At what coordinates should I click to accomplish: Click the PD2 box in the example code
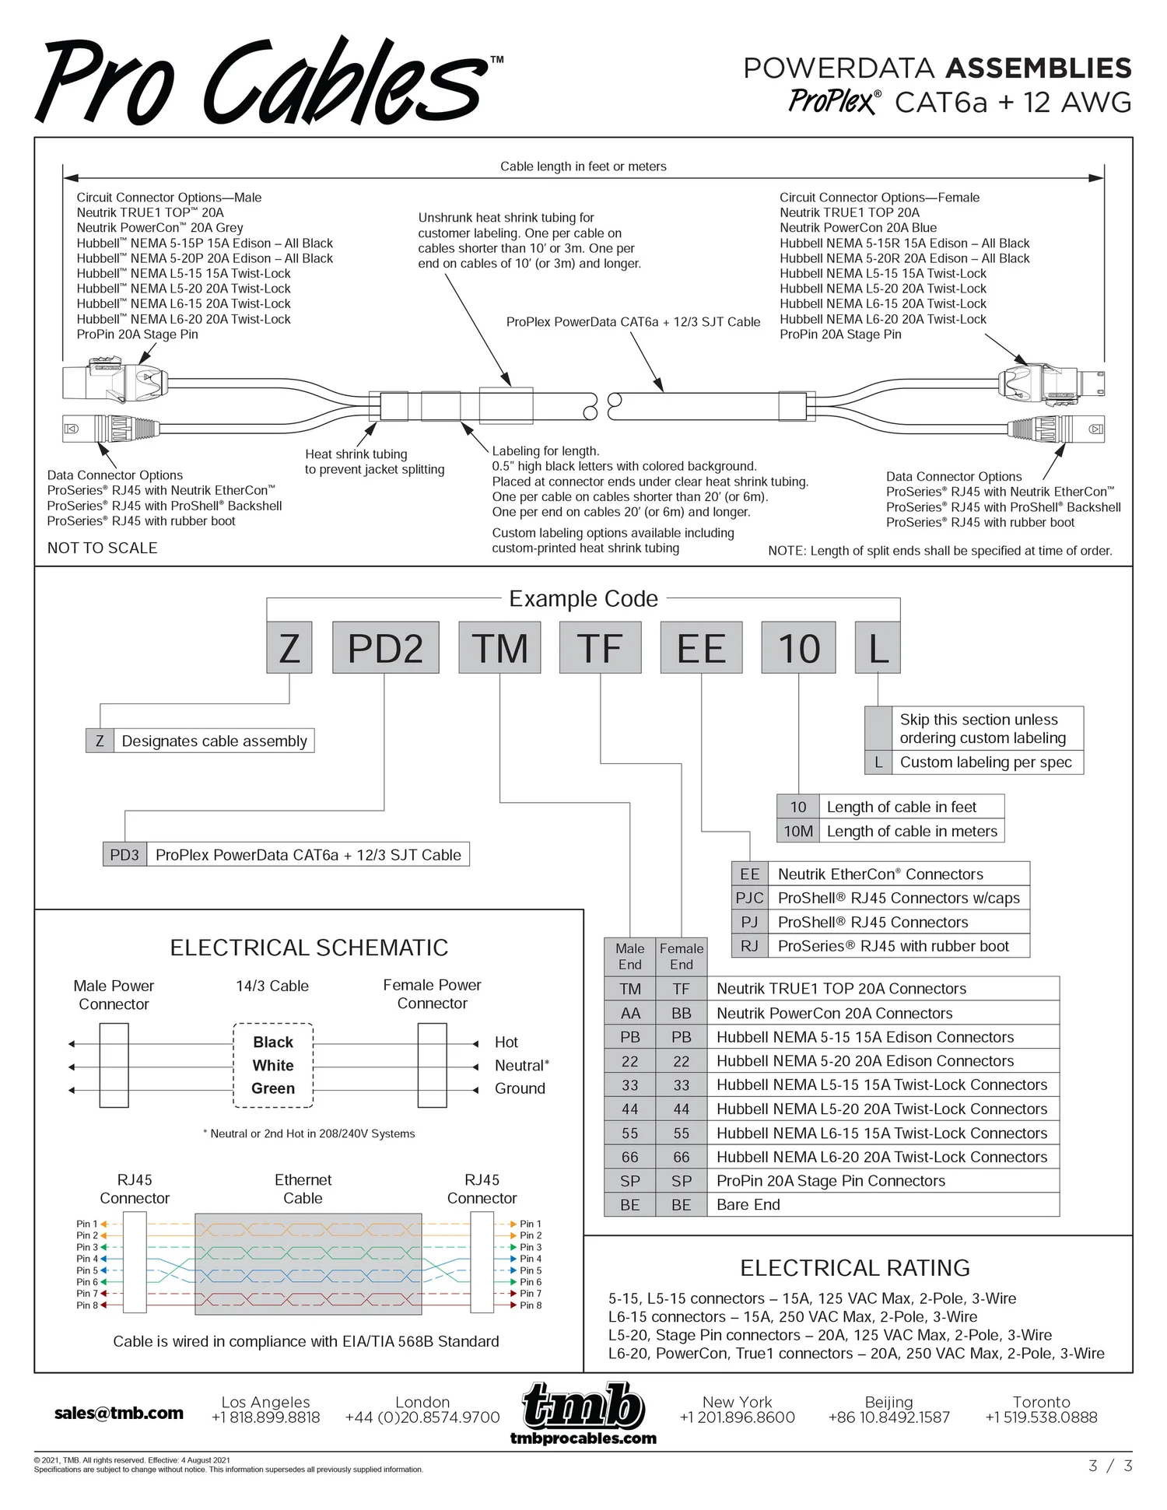(385, 647)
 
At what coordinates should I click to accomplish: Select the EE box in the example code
(701, 647)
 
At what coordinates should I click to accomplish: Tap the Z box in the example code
(289, 647)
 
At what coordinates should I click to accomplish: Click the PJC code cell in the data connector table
(749, 898)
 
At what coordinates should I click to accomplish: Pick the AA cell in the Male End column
(630, 1013)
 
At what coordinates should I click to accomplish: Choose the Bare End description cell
(882, 1204)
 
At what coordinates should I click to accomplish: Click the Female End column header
(682, 956)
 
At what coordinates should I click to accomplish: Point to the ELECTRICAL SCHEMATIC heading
(309, 948)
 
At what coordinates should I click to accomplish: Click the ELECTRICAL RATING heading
(855, 1268)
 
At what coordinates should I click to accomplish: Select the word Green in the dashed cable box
(273, 1088)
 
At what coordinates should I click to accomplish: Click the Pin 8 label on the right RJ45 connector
(531, 1305)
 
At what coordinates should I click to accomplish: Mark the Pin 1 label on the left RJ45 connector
(86, 1224)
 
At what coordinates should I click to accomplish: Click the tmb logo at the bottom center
(583, 1407)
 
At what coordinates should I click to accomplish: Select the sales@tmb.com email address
(119, 1414)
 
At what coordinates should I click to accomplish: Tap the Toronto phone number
(1041, 1417)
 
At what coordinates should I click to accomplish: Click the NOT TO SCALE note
(102, 548)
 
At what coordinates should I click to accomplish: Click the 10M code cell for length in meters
(798, 831)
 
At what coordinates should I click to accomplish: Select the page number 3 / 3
(1110, 1466)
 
